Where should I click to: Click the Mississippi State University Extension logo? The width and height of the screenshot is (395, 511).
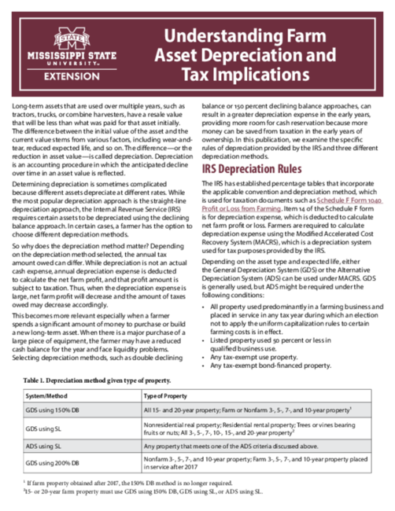72,55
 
